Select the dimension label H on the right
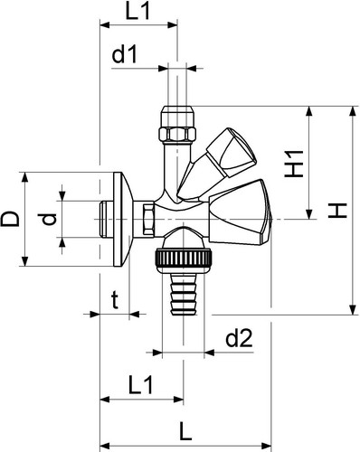337,211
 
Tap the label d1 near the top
125,54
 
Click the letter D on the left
10,219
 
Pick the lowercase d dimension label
49,219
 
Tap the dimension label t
115,301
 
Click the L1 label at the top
137,12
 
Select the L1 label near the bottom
141,385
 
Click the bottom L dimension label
185,431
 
